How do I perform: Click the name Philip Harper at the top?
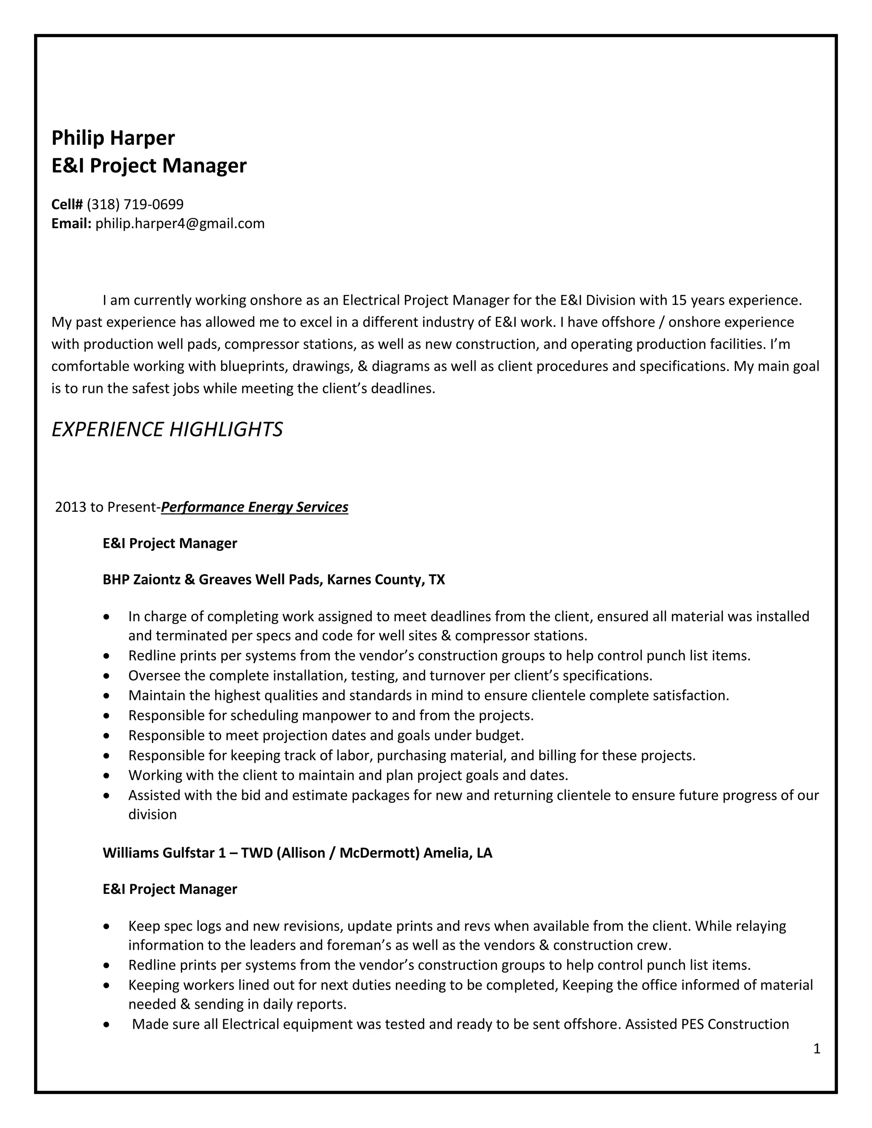113,138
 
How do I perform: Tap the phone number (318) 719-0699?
135,204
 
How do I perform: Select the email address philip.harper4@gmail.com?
180,223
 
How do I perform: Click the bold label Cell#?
67,204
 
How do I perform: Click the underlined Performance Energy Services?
254,507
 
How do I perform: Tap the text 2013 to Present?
106,507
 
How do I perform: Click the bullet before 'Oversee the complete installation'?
106,676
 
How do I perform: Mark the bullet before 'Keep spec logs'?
106,927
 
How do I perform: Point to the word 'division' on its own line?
152,814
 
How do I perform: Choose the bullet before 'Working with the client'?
106,776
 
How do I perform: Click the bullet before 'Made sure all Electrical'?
106,1025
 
